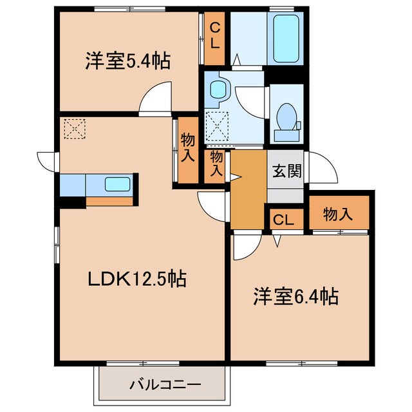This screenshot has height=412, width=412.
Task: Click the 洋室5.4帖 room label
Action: coord(127,62)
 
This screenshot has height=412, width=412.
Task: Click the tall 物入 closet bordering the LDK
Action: coord(187,149)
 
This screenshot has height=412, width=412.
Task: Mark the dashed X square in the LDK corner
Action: coord(75,127)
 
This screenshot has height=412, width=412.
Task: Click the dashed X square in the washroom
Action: coord(218,125)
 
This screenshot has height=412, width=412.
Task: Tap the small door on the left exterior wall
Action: coord(48,159)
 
